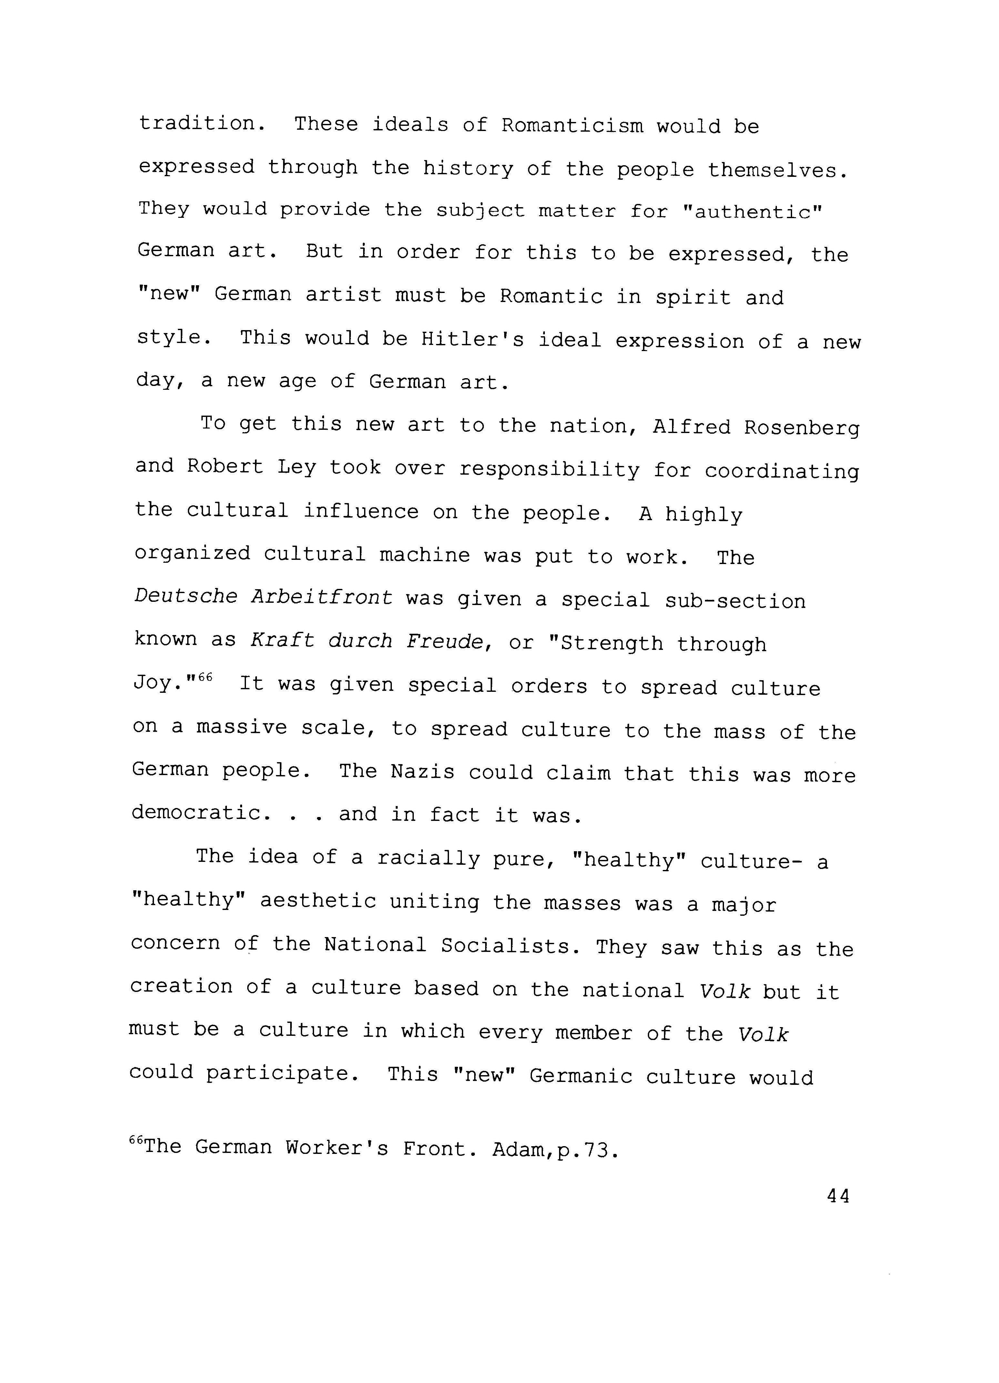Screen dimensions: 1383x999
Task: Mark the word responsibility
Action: pyautogui.click(x=549, y=469)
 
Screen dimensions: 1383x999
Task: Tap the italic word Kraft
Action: pyautogui.click(x=282, y=640)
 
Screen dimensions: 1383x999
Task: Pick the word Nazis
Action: pyautogui.click(x=423, y=772)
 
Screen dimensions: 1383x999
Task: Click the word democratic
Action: pyautogui.click(x=196, y=813)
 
